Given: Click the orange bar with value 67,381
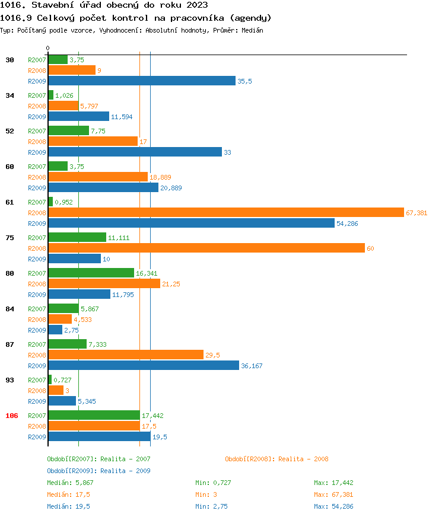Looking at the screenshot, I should [x=226, y=213].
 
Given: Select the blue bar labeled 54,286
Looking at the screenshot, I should [x=191, y=224].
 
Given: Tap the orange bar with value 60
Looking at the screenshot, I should [x=206, y=248].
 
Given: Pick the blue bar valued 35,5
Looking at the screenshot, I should [x=142, y=81].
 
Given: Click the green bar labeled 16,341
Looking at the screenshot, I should [x=91, y=273].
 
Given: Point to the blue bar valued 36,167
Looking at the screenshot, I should [x=144, y=366].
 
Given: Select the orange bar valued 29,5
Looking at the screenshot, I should [x=126, y=355].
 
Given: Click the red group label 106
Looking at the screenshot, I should [x=12, y=416].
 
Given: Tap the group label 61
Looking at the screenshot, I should [x=9, y=202].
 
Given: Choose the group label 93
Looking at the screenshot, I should [x=9, y=380].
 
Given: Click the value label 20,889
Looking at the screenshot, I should [x=171, y=188].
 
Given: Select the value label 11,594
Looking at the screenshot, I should [x=122, y=117].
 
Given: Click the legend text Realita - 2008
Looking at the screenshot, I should [x=303, y=459].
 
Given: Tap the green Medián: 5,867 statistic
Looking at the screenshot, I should [x=70, y=483].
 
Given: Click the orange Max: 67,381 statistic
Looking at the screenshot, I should [x=333, y=494].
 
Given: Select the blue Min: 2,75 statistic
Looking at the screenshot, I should [x=211, y=506].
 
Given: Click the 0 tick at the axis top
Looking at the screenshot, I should [x=48, y=48].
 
